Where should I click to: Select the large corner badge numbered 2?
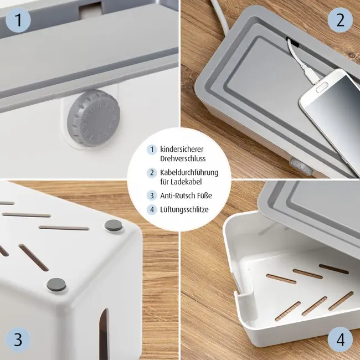click(x=340, y=21)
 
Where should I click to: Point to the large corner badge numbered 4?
click(x=340, y=340)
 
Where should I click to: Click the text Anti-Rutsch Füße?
click(x=186, y=196)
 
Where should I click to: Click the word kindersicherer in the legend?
click(x=182, y=150)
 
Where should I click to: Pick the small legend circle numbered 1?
click(x=151, y=150)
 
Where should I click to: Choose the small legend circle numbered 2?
click(x=151, y=173)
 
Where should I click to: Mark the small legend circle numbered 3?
click(x=151, y=196)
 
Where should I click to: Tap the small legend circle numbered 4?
click(x=151, y=209)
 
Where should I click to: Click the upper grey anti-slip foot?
click(x=115, y=225)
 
